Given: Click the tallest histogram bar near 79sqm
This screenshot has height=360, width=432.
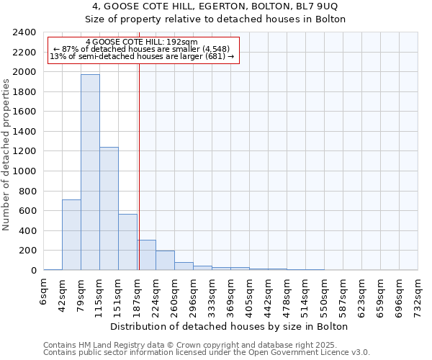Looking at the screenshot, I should pyautogui.click(x=90, y=173).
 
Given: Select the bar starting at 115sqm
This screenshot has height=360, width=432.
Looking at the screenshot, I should pyautogui.click(x=109, y=209).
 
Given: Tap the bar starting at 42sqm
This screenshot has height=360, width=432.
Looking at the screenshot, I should pyautogui.click(x=71, y=235).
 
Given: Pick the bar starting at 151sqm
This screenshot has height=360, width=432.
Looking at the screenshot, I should pyautogui.click(x=127, y=242).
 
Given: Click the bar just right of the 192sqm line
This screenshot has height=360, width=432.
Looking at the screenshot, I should pyautogui.click(x=147, y=255).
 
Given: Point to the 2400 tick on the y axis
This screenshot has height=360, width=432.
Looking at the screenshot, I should pyautogui.click(x=25, y=32).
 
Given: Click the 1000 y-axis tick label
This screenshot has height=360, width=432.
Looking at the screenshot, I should pyautogui.click(x=25, y=171).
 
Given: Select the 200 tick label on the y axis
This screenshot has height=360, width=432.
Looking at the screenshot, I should pyautogui.click(x=28, y=251).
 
